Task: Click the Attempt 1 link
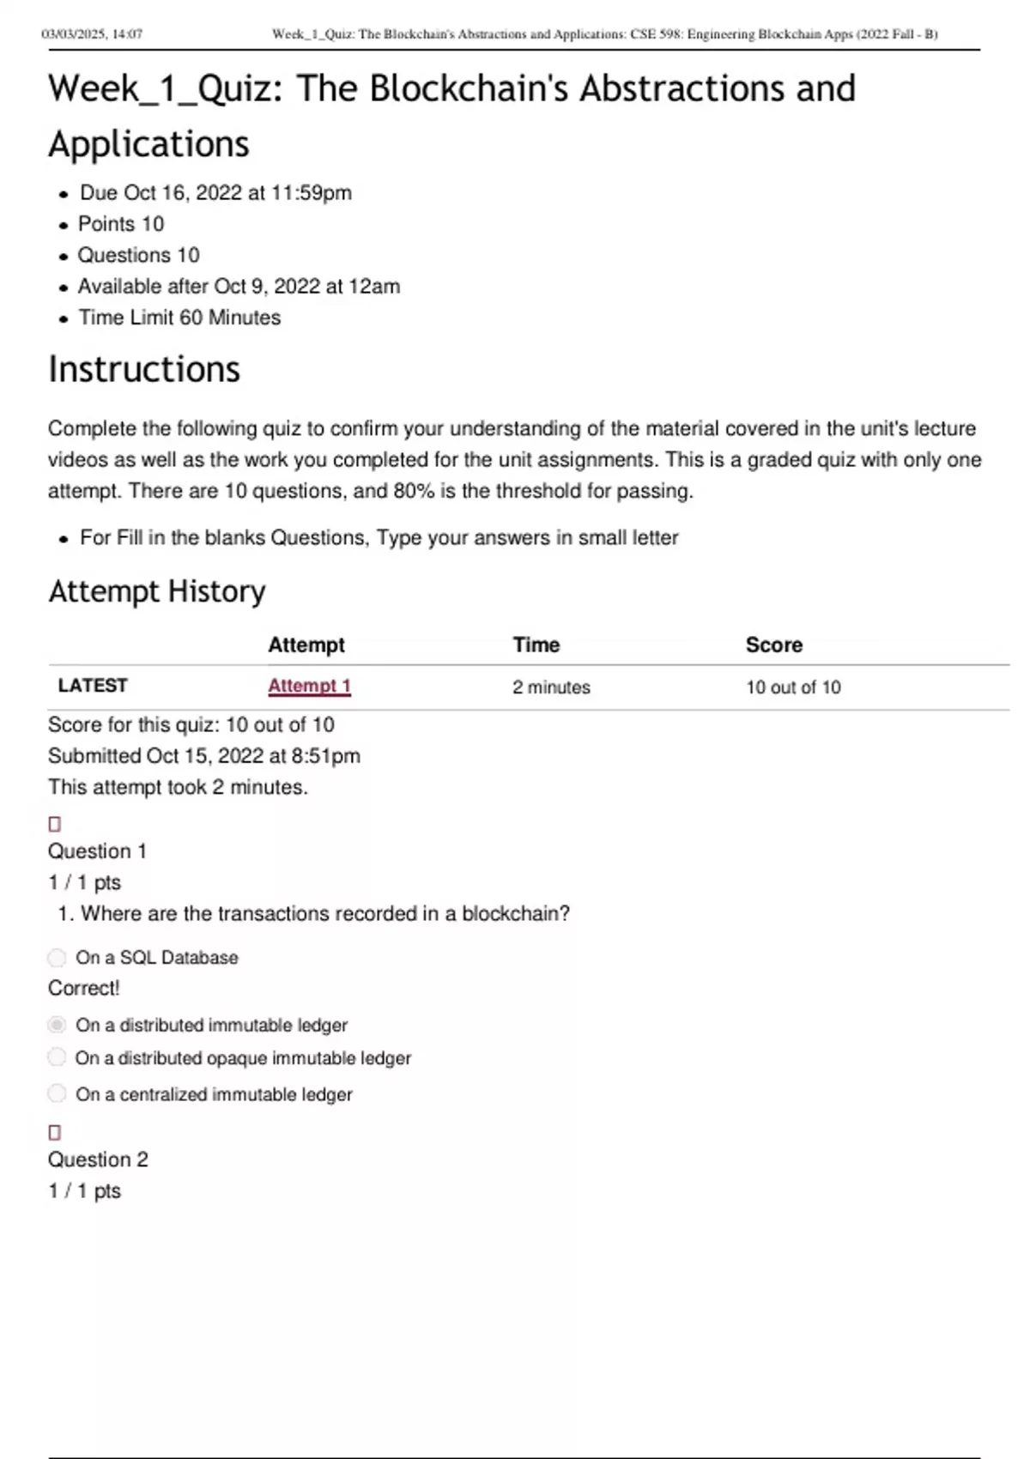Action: tap(309, 686)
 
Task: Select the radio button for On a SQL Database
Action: tap(57, 957)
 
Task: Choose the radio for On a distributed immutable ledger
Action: tap(57, 1025)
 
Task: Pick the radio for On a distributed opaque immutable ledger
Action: tap(57, 1057)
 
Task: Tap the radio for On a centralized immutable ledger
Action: tap(57, 1093)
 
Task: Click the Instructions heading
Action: tap(144, 370)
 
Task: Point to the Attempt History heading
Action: tap(157, 591)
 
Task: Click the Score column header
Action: tap(773, 645)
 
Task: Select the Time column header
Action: tap(536, 645)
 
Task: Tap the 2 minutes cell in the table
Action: tap(551, 687)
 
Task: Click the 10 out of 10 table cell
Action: tap(793, 687)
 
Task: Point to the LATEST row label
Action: tap(93, 686)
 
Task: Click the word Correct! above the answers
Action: tap(84, 988)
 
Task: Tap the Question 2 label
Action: tap(98, 1159)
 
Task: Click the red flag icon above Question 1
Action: tap(55, 824)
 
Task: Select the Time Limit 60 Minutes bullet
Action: tap(179, 318)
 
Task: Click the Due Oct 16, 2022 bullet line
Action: tap(215, 193)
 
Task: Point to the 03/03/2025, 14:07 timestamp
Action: tap(92, 34)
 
